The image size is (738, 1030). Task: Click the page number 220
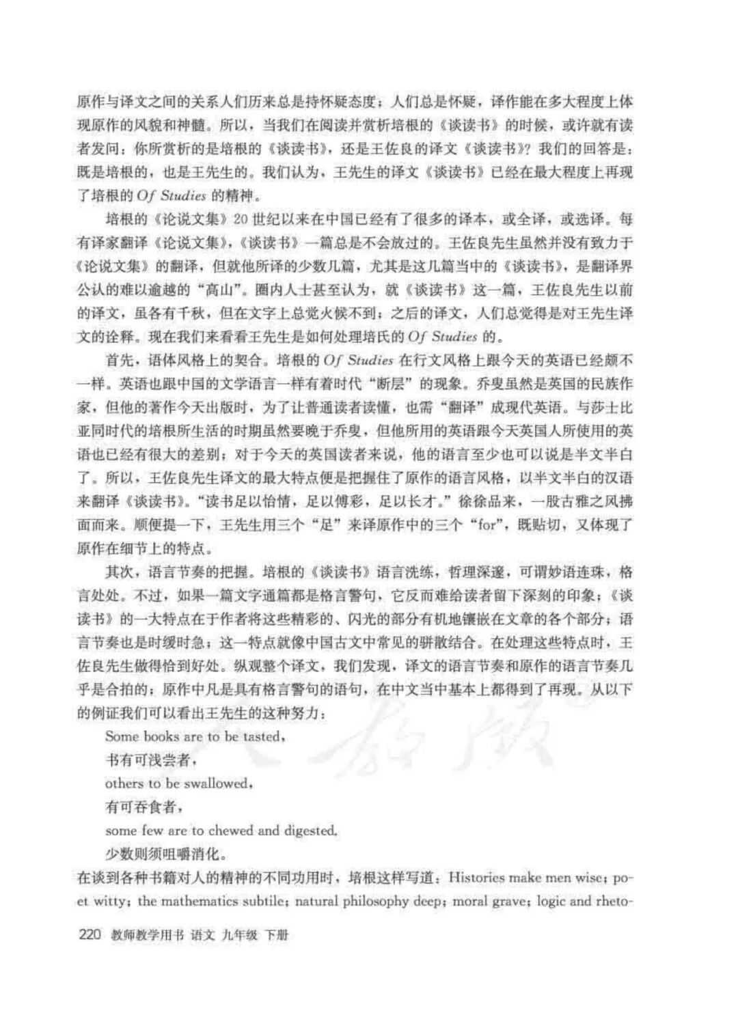point(90,934)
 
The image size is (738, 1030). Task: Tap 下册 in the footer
point(276,934)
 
